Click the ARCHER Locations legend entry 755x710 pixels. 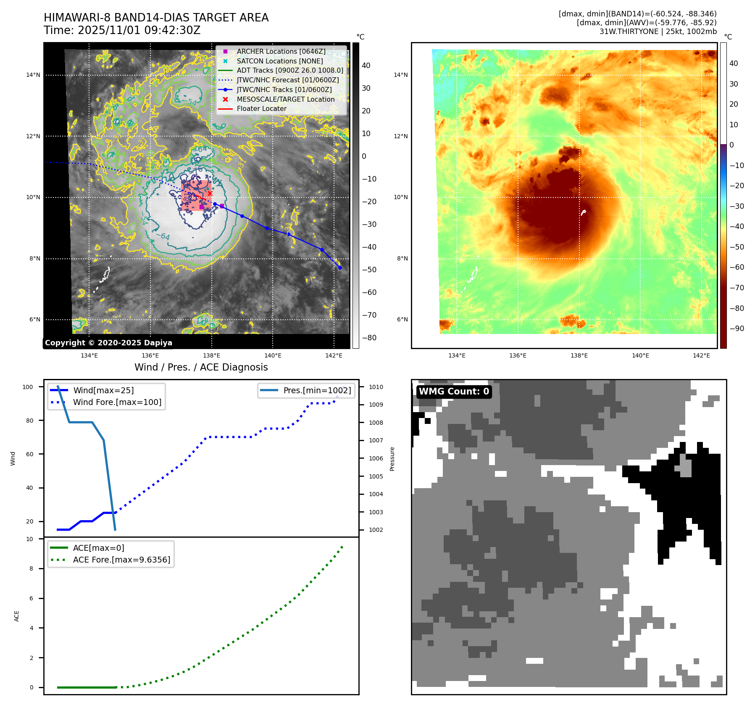(281, 51)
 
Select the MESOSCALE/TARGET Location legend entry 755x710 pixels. (285, 99)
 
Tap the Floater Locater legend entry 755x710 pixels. (261, 108)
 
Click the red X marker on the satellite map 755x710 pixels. (210, 193)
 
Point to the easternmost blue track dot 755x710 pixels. (340, 268)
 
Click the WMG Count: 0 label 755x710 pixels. (454, 392)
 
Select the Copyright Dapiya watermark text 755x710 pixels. (108, 343)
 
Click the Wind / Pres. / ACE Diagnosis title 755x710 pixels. (201, 367)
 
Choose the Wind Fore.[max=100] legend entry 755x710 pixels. (117, 402)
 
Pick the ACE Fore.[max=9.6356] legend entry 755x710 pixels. (121, 560)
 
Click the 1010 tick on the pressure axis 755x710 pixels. (376, 387)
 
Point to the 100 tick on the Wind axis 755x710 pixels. (28, 387)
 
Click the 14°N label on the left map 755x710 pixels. (33, 75)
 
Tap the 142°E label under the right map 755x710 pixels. (701, 355)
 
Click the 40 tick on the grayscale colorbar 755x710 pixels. (366, 66)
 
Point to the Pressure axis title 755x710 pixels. (392, 459)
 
